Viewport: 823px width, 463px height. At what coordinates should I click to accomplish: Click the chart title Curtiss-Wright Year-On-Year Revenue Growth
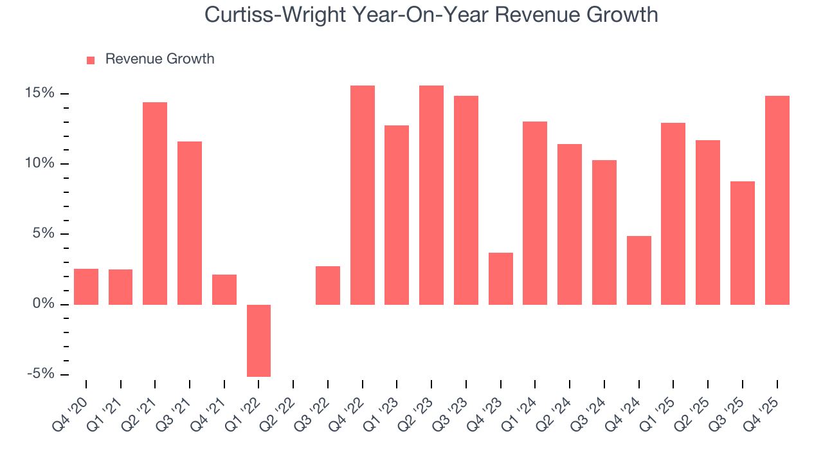coord(431,14)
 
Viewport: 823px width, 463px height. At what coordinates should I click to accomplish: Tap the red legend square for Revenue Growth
coord(91,60)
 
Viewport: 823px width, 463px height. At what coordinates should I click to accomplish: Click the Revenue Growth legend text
coord(159,59)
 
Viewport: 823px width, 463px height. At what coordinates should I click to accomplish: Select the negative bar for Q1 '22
coord(258,340)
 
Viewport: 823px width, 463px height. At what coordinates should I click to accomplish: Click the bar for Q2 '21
coord(155,203)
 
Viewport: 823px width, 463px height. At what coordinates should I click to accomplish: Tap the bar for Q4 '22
coord(363,195)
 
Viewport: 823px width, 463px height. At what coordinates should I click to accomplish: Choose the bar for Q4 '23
coord(501,278)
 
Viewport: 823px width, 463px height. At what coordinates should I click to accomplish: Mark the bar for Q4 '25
coord(777,200)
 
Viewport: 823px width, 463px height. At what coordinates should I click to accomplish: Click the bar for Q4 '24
coord(639,270)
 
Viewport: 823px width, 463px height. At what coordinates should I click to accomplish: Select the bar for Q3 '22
coord(328,285)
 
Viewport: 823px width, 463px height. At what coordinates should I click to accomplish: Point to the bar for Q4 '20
coord(86,286)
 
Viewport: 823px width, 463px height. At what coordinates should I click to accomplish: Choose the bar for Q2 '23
coord(431,195)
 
